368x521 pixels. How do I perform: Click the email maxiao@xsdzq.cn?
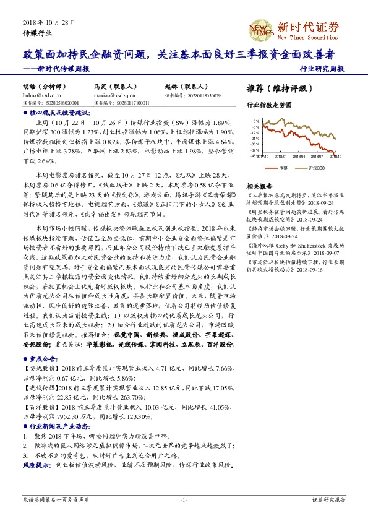(x=111, y=95)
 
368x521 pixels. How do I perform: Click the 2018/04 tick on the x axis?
(x=296, y=157)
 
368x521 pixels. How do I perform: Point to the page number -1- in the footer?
(x=183, y=499)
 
